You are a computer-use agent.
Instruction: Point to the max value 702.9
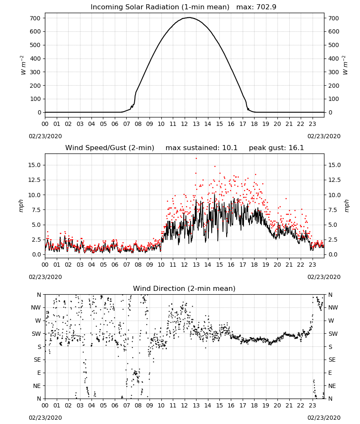[266, 7]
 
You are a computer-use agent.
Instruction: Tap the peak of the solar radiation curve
[189, 17]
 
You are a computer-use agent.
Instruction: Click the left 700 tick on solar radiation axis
[36, 18]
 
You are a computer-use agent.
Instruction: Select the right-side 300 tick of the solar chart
[334, 72]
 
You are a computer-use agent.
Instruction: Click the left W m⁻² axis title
[23, 65]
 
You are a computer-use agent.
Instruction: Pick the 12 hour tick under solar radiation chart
[185, 124]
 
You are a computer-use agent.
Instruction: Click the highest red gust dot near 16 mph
[197, 159]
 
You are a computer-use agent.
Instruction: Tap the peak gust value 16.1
[296, 148]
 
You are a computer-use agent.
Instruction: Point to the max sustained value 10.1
[230, 148]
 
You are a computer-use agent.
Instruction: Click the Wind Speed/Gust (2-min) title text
[110, 148]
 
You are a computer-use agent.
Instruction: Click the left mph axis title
[21, 206]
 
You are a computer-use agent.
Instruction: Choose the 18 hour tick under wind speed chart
[254, 265]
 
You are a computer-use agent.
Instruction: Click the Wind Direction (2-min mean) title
[184, 288]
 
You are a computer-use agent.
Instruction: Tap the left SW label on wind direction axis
[36, 334]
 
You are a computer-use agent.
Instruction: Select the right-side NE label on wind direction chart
[332, 386]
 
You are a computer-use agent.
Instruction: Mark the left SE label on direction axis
[37, 360]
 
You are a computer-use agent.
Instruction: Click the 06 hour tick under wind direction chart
[115, 405]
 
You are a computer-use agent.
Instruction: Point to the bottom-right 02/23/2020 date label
[324, 418]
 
